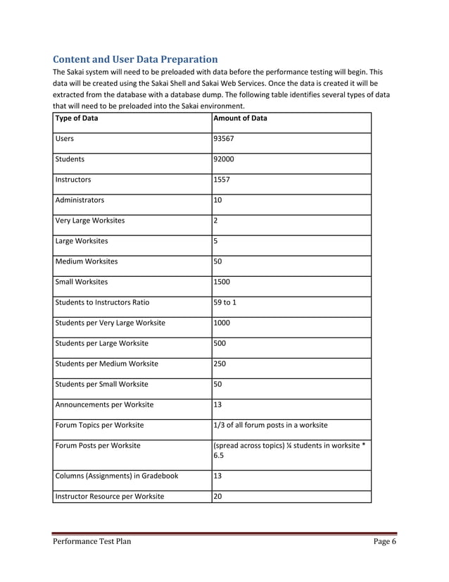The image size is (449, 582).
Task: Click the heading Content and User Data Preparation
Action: pyautogui.click(x=135, y=58)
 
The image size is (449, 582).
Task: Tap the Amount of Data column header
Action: pyautogui.click(x=240, y=118)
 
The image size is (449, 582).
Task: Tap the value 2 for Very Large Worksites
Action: pyautogui.click(x=216, y=221)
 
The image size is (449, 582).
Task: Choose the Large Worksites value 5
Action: pyautogui.click(x=216, y=241)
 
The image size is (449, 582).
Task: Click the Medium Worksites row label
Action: pyautogui.click(x=87, y=261)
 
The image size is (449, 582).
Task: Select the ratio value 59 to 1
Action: pyautogui.click(x=228, y=302)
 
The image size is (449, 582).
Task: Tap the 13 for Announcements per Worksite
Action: pyautogui.click(x=219, y=404)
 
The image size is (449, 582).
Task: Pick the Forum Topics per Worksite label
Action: pyautogui.click(x=99, y=425)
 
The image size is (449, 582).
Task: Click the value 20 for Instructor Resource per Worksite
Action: pyautogui.click(x=219, y=496)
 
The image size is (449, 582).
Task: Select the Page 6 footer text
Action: pyautogui.click(x=385, y=541)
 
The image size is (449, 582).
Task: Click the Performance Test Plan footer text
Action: pyautogui.click(x=92, y=541)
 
